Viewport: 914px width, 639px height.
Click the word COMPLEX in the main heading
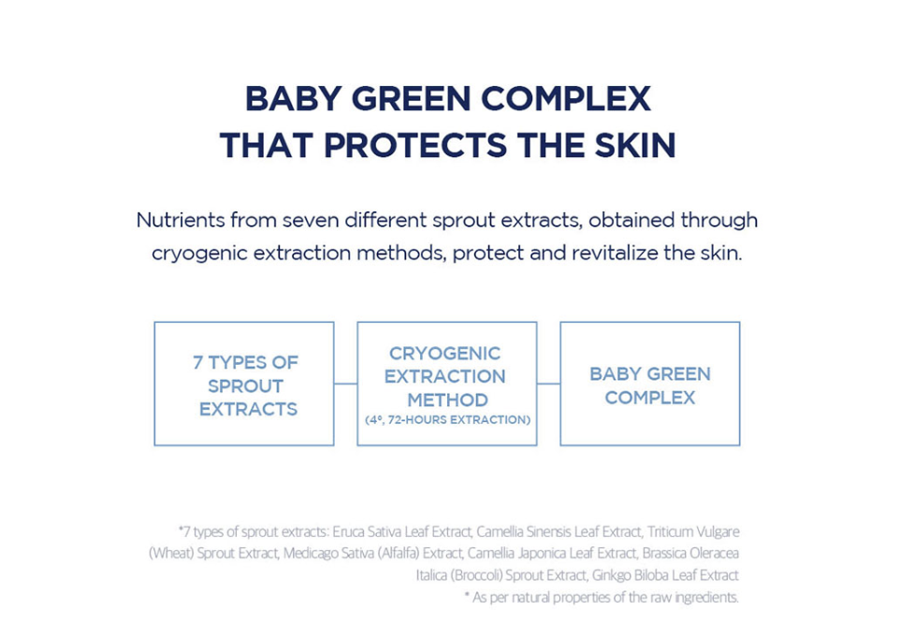[x=565, y=98]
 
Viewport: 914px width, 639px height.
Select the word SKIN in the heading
[x=635, y=145]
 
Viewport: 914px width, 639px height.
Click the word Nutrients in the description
[x=181, y=220]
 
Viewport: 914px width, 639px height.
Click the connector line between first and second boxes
[x=345, y=384]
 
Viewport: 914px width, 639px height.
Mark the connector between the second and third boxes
[x=548, y=384]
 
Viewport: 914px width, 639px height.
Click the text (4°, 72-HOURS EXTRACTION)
[x=448, y=420]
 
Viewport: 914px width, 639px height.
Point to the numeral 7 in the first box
[x=198, y=363]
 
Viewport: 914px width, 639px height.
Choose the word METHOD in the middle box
[x=448, y=399]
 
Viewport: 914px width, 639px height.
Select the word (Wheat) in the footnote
[x=171, y=553]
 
